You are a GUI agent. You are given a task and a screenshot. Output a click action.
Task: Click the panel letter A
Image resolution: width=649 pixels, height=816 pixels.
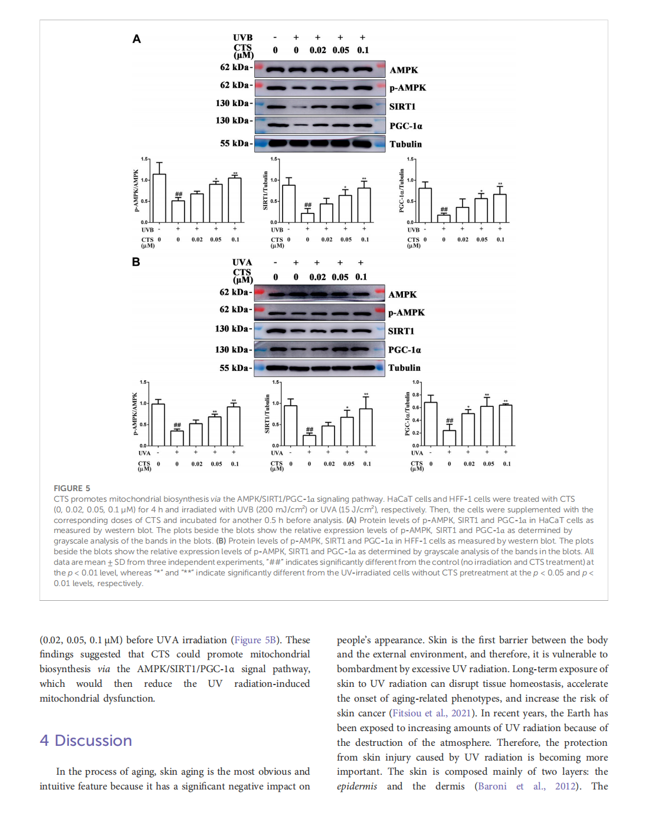tap(136, 39)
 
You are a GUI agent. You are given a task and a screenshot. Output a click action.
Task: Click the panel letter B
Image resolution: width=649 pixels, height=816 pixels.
tap(136, 262)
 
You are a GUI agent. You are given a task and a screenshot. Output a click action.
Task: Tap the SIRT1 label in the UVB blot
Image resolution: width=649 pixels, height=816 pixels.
tap(402, 107)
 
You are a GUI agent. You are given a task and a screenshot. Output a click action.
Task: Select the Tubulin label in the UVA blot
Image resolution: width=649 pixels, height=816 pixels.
tap(404, 368)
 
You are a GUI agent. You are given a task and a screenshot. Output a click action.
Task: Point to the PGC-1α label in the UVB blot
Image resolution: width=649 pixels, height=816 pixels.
tap(406, 126)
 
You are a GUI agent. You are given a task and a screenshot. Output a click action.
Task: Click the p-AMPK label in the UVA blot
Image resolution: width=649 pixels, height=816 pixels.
tap(406, 312)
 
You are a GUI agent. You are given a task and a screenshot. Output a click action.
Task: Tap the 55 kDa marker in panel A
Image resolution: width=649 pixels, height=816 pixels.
tap(235, 143)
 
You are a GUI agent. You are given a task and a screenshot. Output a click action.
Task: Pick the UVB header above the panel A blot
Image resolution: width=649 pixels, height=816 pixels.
tap(242, 38)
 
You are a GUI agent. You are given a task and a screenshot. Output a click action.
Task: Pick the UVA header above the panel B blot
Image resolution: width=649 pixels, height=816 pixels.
tap(242, 262)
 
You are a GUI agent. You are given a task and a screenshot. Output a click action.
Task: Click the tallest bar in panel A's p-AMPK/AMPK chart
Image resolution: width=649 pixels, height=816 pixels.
tap(159, 198)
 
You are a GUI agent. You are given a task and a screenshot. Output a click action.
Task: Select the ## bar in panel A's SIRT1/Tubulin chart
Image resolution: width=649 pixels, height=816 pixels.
tap(307, 218)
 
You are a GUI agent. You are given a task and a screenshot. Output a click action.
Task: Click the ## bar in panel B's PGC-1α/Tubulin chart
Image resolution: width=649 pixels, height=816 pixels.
tap(450, 437)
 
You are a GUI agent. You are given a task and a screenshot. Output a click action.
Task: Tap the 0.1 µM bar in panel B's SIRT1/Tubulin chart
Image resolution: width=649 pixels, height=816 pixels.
tap(366, 427)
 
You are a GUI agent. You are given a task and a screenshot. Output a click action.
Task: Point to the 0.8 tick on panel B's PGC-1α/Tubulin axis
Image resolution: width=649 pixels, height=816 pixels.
tap(416, 394)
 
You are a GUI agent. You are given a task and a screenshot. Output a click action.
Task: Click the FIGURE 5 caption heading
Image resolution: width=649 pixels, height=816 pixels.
tap(72, 488)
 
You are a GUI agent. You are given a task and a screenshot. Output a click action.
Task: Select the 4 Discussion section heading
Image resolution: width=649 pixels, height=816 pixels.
tap(86, 741)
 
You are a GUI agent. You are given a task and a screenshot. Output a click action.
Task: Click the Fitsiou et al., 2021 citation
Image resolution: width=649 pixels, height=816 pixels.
tap(431, 713)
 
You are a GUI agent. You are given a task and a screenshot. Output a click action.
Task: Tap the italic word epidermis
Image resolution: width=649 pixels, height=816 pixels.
tap(356, 787)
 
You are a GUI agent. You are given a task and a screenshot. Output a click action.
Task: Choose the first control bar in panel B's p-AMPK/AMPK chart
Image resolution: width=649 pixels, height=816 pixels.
tap(158, 425)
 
